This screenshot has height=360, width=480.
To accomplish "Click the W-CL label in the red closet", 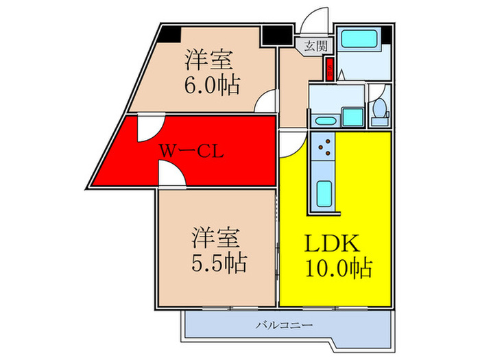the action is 191,151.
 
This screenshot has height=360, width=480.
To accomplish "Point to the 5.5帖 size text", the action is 218,261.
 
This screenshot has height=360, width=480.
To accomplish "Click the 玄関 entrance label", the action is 315,47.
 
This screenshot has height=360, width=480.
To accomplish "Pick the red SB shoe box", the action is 329,69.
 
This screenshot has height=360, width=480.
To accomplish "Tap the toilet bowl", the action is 379,112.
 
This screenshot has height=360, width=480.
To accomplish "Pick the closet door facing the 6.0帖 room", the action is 148,128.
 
